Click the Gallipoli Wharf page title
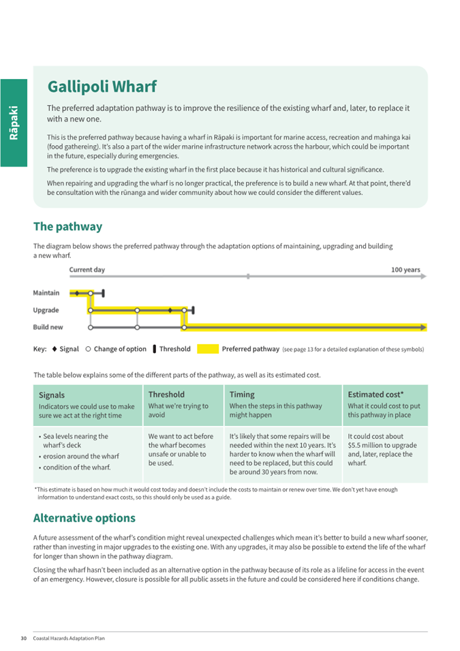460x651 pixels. coord(102,87)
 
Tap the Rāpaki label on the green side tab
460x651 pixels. coord(14,123)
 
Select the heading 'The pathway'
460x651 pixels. coord(67,226)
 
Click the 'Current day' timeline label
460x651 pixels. coord(87,270)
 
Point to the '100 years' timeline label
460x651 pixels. coord(405,270)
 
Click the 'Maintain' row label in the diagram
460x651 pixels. coord(46,293)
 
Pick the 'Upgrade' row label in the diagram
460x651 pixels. coord(46,310)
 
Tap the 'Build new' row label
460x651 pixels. coord(48,327)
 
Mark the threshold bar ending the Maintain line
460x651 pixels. coord(103,293)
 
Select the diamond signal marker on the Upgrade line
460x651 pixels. coord(170,310)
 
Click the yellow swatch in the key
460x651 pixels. coord(208,349)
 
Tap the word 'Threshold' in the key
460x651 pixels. coord(174,349)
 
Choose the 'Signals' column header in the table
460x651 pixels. coord(52,395)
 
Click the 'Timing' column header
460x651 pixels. coord(242,394)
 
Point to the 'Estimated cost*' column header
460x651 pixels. coord(375,394)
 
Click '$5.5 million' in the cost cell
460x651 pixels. coord(367,445)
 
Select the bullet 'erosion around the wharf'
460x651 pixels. coord(80,456)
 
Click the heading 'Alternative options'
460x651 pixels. coord(85,518)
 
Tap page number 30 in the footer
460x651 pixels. coord(24,638)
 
